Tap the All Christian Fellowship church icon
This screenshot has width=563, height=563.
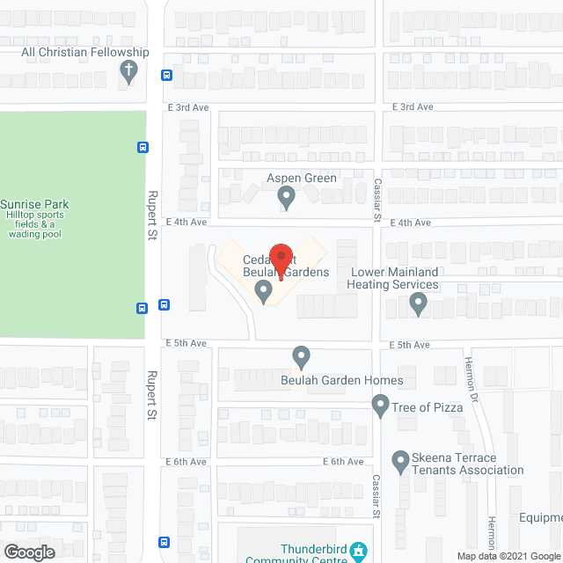point(129,71)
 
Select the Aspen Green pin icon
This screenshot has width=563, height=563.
point(285,197)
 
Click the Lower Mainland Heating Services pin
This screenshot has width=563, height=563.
point(419,304)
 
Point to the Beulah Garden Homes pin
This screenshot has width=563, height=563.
point(302,357)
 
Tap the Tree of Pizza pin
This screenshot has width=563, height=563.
point(380,405)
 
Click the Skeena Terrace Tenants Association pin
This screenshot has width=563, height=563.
point(399,460)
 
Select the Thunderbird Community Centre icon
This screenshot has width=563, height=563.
point(359,552)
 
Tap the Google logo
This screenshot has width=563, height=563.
point(29,552)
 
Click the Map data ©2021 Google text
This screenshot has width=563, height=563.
point(508,556)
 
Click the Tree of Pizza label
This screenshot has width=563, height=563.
point(428,406)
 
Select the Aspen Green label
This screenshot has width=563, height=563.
point(302,178)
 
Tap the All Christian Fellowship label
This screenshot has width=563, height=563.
point(85,53)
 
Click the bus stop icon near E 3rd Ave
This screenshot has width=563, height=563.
point(167,75)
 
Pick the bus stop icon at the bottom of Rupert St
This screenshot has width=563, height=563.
point(164,542)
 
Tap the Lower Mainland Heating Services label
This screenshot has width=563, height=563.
point(392,278)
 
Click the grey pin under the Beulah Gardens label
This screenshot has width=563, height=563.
point(263,289)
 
